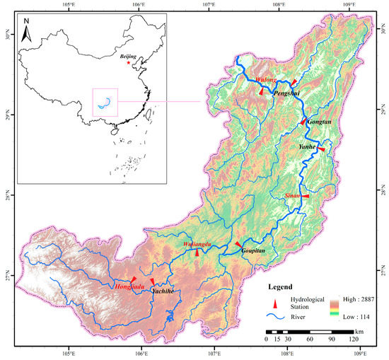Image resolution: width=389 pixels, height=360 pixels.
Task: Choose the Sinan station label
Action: [292, 194]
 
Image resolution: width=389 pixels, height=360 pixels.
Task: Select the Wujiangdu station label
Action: [198, 245]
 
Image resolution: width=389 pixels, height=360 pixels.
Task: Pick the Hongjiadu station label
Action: [129, 286]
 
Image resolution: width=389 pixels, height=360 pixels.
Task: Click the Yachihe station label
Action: [163, 291]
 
